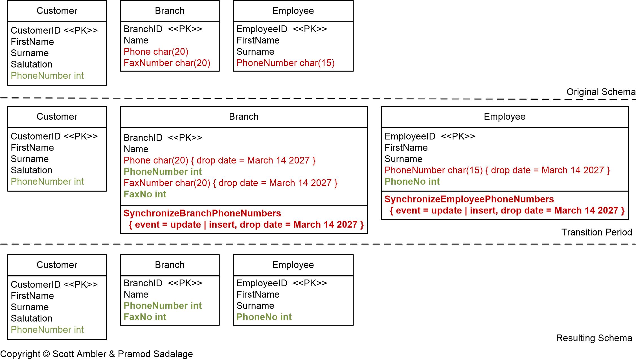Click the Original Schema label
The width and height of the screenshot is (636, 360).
coord(601,92)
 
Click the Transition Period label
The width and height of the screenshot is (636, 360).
coord(596,232)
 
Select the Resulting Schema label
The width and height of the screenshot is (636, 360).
coord(594,338)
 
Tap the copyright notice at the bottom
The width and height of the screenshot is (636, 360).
coord(97,354)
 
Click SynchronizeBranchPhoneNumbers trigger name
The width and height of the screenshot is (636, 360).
coord(202,213)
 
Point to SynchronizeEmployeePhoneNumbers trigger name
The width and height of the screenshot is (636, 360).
coord(469,199)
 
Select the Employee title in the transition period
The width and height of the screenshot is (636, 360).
coord(505,117)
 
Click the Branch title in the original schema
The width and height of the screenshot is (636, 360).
coord(170,11)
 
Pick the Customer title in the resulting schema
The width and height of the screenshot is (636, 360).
coord(57,265)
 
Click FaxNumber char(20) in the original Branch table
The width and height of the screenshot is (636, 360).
coord(167,63)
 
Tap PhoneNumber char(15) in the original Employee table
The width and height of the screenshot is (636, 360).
coord(285,63)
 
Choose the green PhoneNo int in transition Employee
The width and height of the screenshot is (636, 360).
coord(412,182)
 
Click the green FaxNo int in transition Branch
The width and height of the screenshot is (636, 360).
coord(145,194)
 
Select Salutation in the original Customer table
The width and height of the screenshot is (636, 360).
coord(31,64)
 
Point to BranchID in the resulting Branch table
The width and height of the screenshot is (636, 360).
coord(143,283)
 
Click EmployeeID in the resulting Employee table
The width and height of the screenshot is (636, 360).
coord(262,283)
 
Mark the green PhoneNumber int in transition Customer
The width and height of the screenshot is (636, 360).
coord(47,182)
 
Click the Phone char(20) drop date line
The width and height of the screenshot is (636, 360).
coord(220,160)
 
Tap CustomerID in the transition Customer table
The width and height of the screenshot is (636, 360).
coord(36,136)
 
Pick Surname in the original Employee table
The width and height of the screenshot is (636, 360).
coord(255,52)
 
